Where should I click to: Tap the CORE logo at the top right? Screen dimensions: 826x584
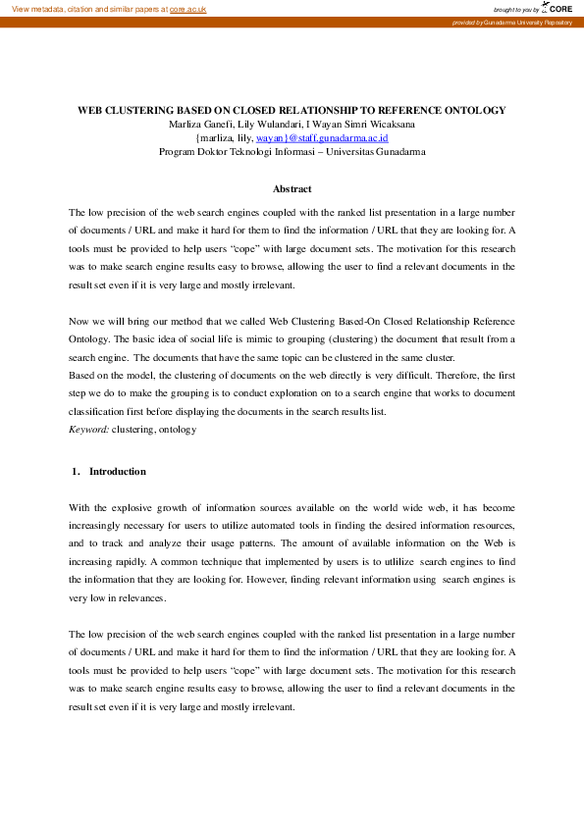557,8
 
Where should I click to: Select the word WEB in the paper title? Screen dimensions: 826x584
90,111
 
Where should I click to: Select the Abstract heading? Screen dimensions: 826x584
292,188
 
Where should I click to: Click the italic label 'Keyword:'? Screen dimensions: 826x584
88,430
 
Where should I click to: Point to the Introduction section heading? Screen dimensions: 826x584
118,471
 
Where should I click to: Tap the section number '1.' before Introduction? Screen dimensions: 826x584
76,471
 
